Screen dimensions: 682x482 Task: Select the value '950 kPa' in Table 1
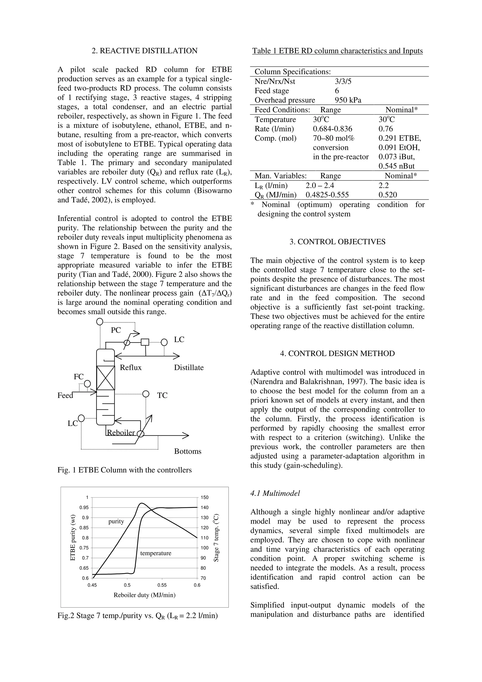pyautogui.click(x=348, y=100)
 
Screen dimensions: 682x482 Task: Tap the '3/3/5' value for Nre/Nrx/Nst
pyautogui.click(x=343, y=81)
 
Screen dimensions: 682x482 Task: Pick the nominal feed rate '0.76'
pyautogui.click(x=386, y=129)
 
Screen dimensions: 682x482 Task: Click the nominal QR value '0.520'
pyautogui.click(x=388, y=195)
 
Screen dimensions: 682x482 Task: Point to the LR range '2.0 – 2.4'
pyautogui.click(x=320, y=185)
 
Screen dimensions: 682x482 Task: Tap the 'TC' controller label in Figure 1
pyautogui.click(x=162, y=395)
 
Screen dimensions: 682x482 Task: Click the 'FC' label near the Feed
pyautogui.click(x=79, y=377)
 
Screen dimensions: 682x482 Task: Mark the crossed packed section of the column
pyautogui.click(x=105, y=378)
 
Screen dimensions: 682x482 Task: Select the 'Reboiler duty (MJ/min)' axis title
pyautogui.click(x=144, y=595)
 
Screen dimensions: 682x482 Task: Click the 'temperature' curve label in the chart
pyautogui.click(x=156, y=553)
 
